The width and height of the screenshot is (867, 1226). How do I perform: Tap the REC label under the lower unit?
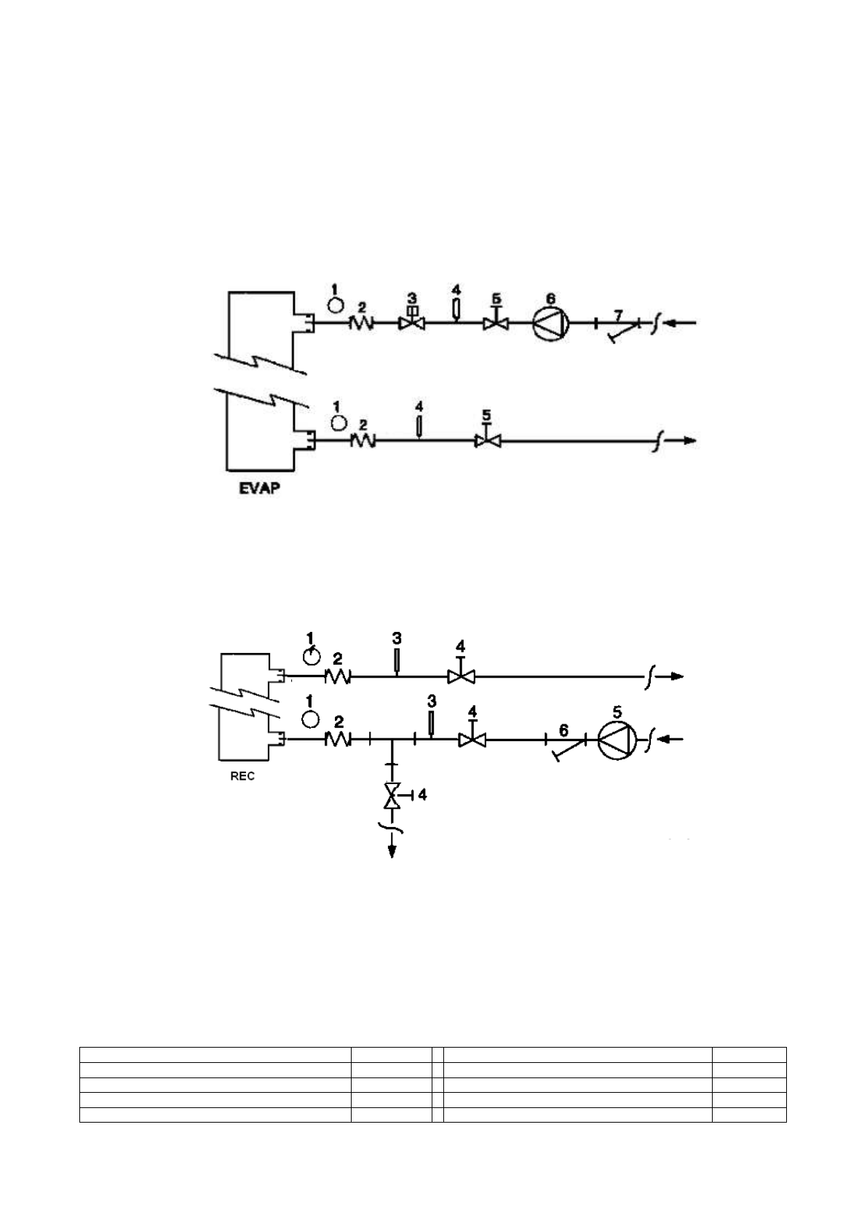pos(242,776)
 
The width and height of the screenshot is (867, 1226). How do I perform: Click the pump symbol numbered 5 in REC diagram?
pos(617,740)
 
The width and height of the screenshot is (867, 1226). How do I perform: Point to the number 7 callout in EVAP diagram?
pos(618,315)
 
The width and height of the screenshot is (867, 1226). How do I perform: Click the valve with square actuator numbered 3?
pos(412,320)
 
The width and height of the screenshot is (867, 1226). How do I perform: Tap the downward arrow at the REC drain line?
pos(393,850)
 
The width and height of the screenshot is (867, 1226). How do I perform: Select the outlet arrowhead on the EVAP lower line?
pos(690,440)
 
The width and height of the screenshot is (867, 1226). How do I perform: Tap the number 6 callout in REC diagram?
pos(563,729)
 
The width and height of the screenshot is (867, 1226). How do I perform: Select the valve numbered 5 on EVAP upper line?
pos(496,322)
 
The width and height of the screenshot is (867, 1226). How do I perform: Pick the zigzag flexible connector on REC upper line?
pos(338,676)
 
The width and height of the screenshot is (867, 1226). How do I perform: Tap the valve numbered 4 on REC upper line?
pos(460,676)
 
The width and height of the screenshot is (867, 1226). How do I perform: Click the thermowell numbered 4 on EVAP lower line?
pos(419,426)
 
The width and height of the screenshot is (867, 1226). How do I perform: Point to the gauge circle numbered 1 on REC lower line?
pos(311,719)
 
